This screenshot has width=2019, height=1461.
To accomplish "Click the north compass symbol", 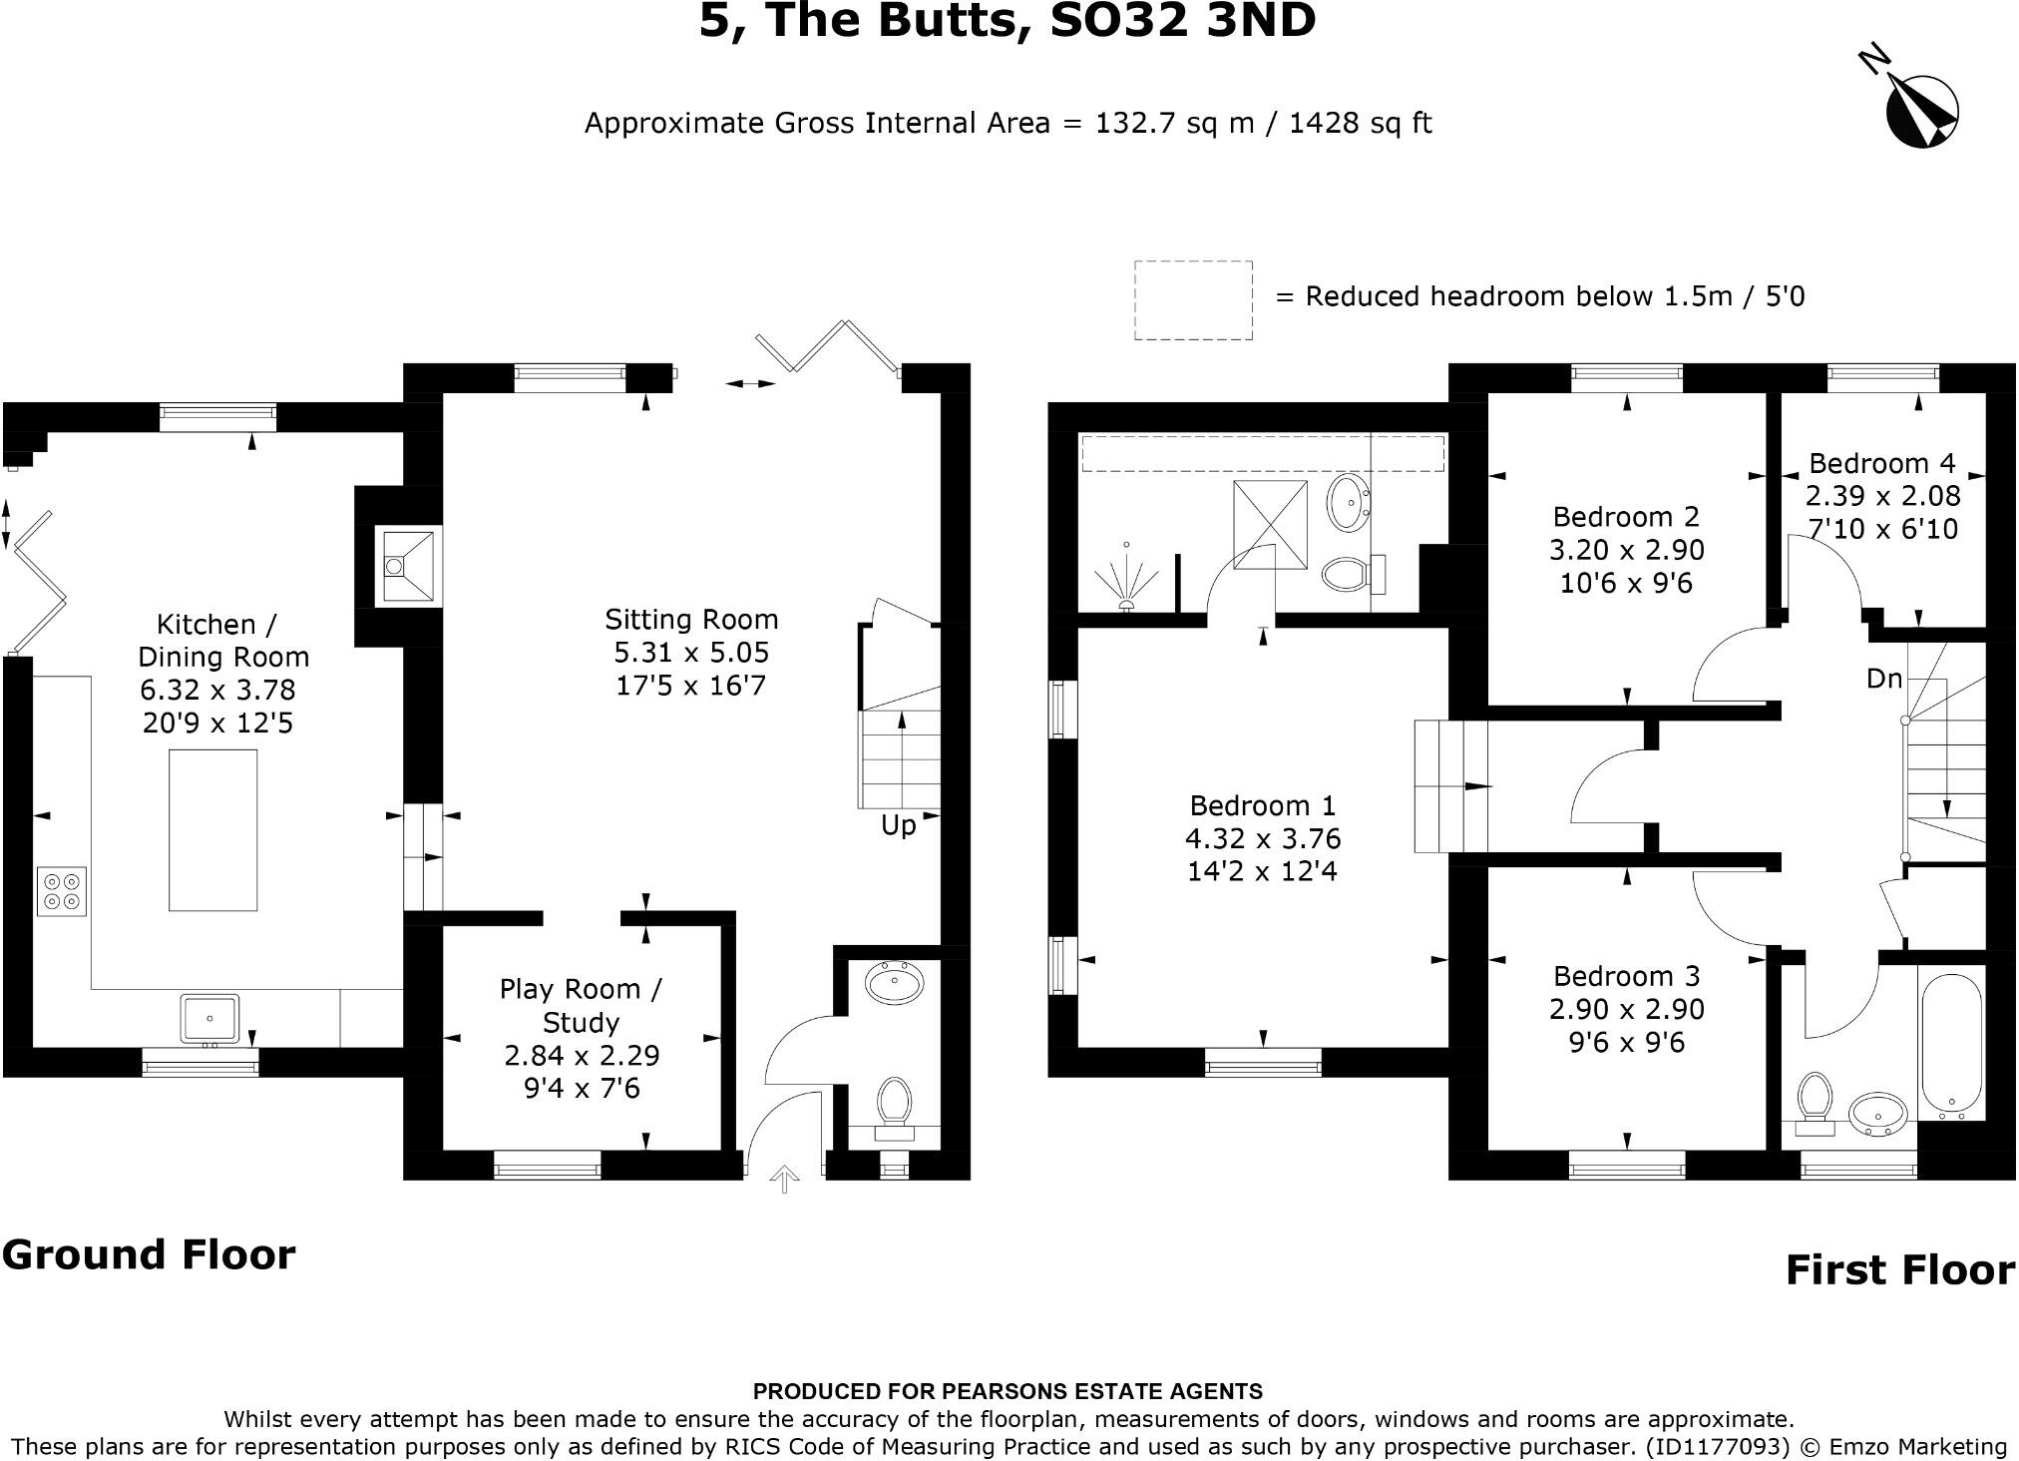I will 1921,112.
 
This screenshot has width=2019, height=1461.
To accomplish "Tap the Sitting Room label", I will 691,620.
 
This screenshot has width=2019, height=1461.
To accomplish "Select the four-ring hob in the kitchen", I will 62,891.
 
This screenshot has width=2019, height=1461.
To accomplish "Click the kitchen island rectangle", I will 212,830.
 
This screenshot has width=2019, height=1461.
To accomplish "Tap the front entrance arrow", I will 785,1180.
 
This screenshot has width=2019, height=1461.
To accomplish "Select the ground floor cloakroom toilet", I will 894,1104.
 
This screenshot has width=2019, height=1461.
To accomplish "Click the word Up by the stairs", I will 898,826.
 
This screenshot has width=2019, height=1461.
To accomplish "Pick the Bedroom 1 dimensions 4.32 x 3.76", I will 1263,838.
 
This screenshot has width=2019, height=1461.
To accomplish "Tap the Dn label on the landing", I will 1884,680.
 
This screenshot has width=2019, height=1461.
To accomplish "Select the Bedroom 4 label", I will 1882,463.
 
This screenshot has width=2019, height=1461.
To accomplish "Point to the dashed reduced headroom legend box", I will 1193,300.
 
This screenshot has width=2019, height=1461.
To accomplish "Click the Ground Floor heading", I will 149,1255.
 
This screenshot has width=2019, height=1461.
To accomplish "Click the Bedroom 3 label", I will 1626,976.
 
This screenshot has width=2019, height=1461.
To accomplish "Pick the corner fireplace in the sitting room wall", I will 407,567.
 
